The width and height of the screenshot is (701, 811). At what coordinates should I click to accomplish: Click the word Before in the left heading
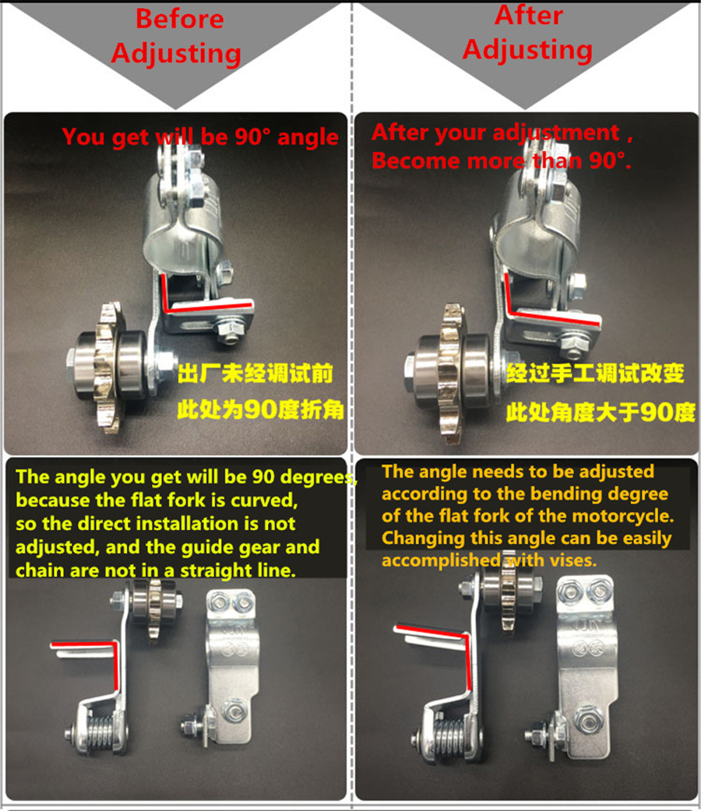pyautogui.click(x=180, y=19)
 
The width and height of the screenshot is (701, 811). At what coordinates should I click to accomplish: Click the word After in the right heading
pyautogui.click(x=528, y=16)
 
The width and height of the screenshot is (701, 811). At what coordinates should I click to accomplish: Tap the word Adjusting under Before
pyautogui.click(x=176, y=54)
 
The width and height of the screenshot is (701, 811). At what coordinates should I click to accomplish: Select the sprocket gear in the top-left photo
pyautogui.click(x=106, y=366)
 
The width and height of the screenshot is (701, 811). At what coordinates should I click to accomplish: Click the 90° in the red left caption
pyautogui.click(x=252, y=138)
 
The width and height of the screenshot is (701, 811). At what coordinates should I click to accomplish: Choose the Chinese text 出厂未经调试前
pyautogui.click(x=256, y=374)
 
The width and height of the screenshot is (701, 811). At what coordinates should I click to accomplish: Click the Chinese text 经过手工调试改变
pyautogui.click(x=596, y=374)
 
